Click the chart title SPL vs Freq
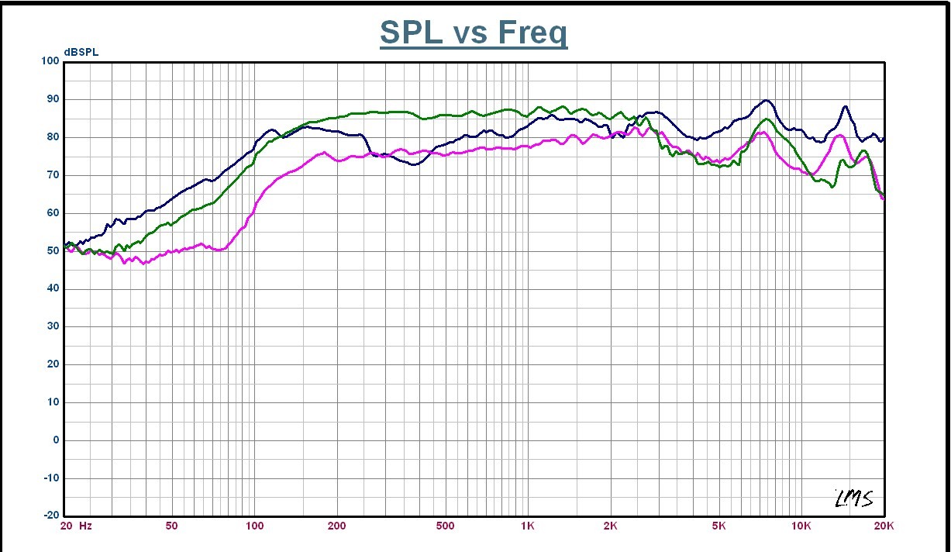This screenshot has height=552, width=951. click(473, 33)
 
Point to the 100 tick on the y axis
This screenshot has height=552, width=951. click(50, 61)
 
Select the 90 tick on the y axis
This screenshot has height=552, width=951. click(53, 99)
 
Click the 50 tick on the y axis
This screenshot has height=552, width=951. click(53, 251)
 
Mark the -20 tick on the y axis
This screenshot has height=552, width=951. click(51, 516)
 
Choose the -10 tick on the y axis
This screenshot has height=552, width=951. click(51, 478)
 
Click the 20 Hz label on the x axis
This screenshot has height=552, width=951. click(77, 526)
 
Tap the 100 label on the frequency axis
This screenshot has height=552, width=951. click(254, 526)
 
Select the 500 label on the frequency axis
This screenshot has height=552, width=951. click(445, 526)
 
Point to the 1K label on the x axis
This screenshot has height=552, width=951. click(528, 526)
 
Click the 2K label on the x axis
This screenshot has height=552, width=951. click(610, 526)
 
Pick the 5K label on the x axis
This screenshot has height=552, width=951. click(719, 526)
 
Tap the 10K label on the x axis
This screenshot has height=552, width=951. click(801, 526)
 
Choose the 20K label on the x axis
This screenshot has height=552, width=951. click(884, 526)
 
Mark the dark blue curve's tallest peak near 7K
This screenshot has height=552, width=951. click(766, 100)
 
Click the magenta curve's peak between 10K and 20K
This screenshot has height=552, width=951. click(839, 136)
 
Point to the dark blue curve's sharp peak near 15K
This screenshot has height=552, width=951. click(845, 106)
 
